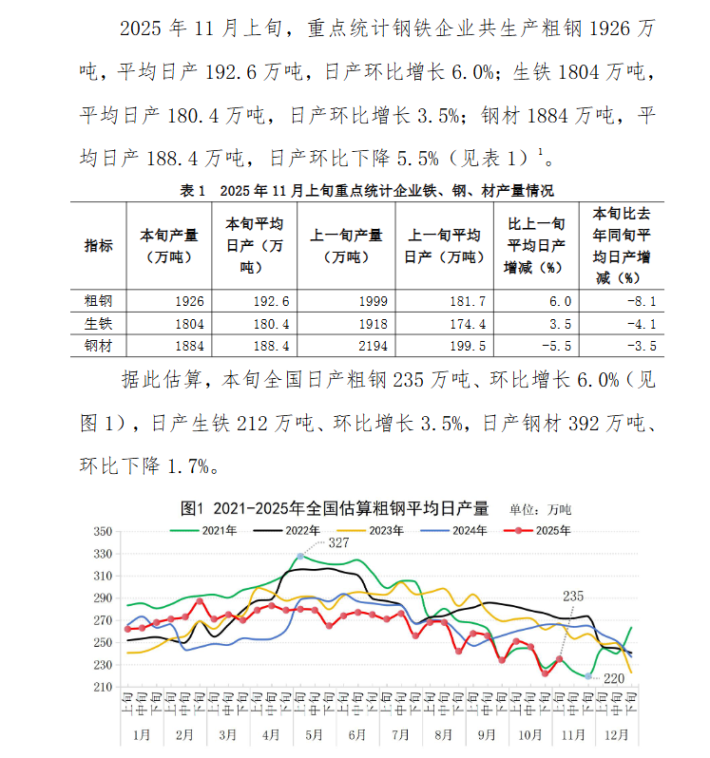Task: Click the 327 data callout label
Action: [x=338, y=542]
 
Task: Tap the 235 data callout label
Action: [x=573, y=596]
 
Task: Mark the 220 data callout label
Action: [x=615, y=677]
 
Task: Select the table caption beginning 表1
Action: [x=367, y=191]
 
